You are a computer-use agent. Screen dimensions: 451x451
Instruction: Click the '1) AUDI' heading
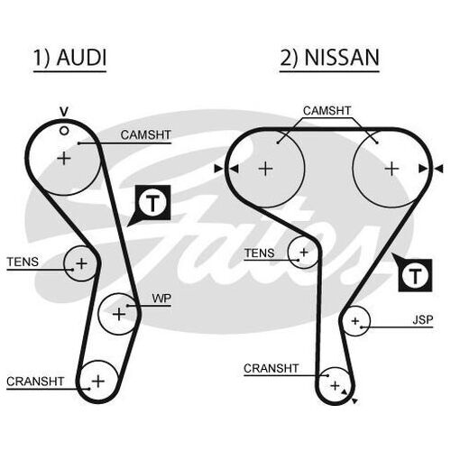[69, 57]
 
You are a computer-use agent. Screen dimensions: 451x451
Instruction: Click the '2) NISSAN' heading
[329, 57]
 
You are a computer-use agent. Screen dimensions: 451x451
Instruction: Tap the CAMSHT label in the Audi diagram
[146, 135]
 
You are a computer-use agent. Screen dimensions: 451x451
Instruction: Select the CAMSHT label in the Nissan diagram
[327, 111]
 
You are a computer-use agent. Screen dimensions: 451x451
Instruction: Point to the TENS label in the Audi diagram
[23, 262]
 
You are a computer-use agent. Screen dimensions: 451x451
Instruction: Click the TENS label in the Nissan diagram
[259, 253]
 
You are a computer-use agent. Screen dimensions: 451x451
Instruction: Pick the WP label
[161, 299]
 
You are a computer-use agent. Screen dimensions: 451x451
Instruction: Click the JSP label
[423, 320]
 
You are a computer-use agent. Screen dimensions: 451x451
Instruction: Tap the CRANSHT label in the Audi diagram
[35, 382]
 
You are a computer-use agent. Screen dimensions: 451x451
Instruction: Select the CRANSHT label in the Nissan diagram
[271, 368]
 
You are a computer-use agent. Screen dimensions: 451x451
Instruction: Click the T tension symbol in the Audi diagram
[152, 203]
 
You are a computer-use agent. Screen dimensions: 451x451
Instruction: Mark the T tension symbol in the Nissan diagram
[415, 275]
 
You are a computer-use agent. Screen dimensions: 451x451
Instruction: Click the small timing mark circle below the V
[64, 131]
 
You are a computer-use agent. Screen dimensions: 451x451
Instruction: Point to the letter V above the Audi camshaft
[64, 112]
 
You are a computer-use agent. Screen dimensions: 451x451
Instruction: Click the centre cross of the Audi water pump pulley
[119, 314]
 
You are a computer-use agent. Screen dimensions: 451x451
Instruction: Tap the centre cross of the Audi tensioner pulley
[81, 263]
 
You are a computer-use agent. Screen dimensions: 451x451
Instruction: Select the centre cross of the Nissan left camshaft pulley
[266, 169]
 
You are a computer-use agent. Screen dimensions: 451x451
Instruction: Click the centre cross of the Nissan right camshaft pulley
[391, 169]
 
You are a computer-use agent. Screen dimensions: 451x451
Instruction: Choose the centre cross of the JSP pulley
[355, 321]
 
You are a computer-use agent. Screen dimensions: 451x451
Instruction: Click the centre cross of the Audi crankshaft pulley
[98, 382]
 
